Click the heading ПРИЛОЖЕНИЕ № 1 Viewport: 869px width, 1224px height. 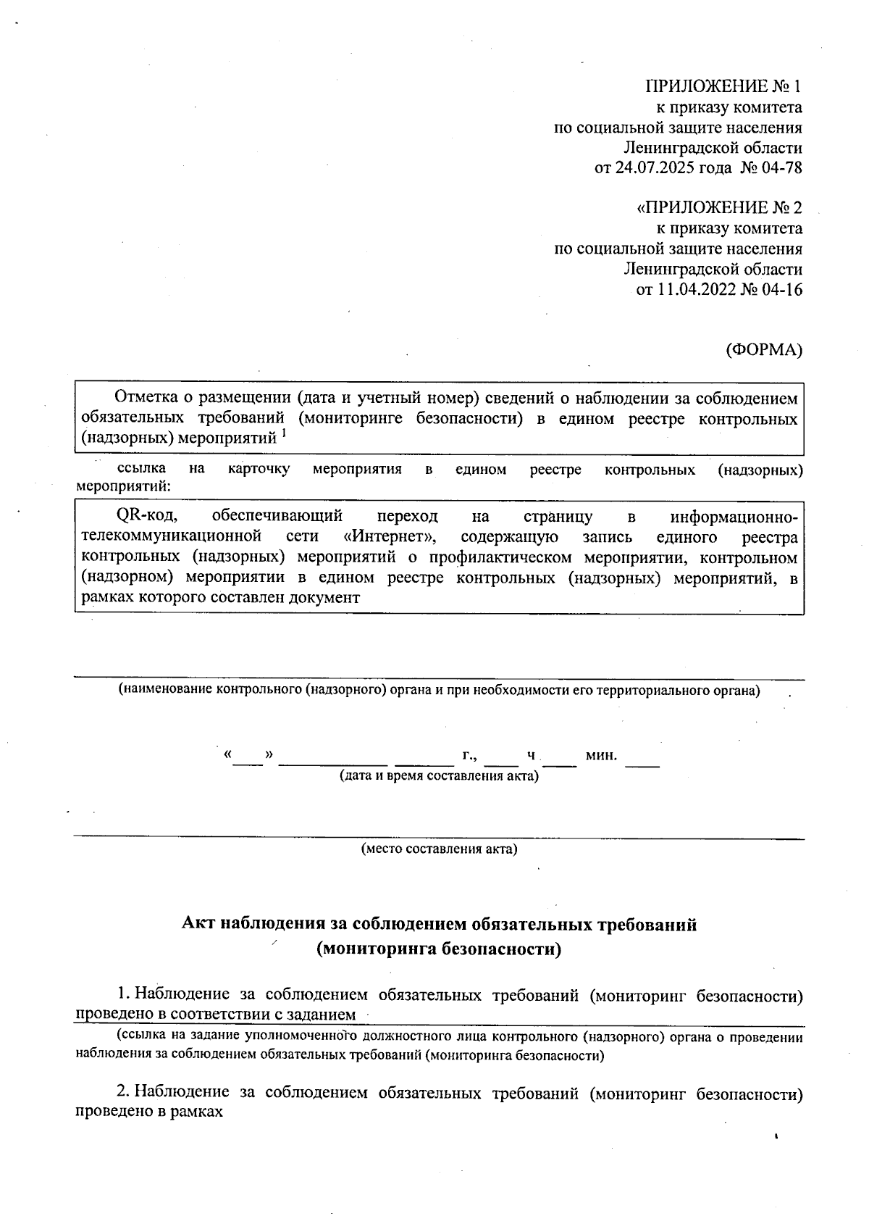coord(723,87)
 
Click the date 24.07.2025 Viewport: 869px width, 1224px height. coord(654,168)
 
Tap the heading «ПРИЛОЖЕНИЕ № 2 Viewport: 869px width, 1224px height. coord(719,209)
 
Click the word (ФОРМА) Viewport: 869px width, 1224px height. coord(764,349)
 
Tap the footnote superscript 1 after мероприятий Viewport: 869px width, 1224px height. coord(285,433)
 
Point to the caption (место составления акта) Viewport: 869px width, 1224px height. coord(440,849)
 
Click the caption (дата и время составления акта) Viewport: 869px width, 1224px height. coord(440,776)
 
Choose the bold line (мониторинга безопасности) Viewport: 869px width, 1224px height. coord(440,949)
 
